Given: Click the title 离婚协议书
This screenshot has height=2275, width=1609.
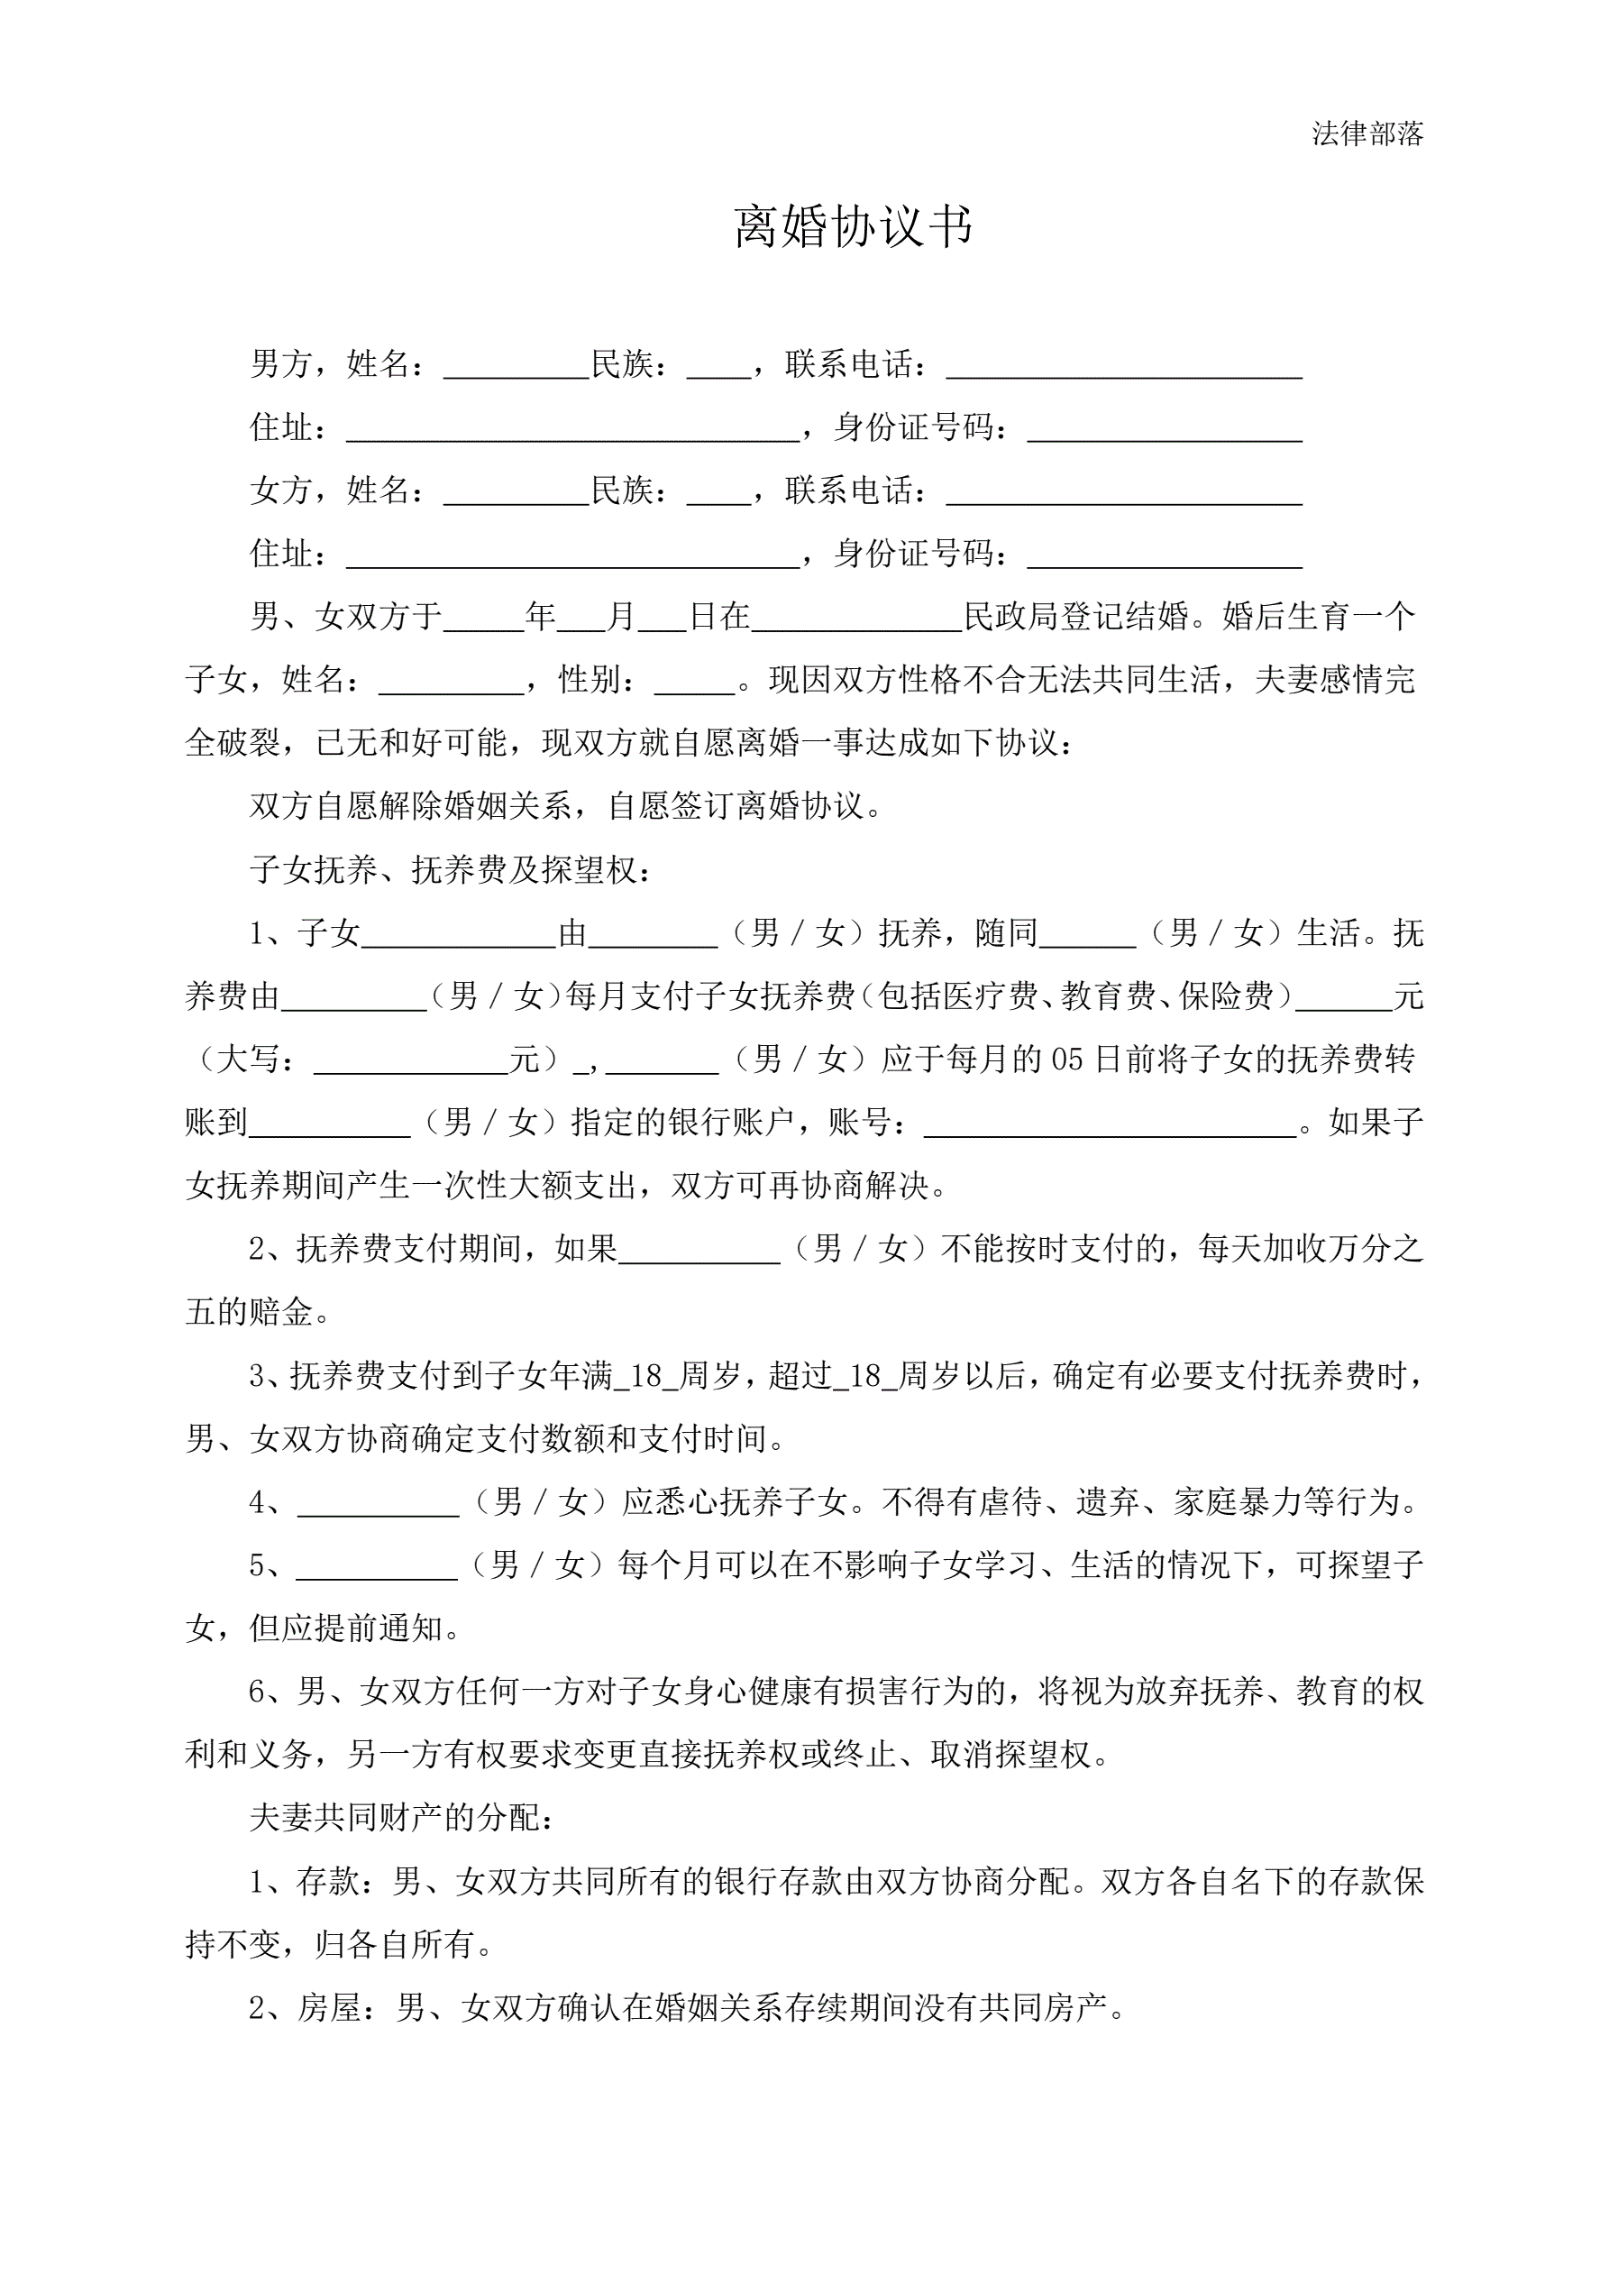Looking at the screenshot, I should [853, 227].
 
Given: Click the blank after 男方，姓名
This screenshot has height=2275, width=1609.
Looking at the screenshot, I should [517, 367].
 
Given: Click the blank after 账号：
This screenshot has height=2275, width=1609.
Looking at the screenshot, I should [1110, 1124].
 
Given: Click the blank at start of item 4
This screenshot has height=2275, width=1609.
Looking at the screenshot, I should [379, 1503].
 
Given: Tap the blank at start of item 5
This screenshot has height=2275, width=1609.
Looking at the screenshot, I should [377, 1566].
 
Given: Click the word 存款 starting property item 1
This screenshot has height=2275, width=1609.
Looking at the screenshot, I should [328, 1881].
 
